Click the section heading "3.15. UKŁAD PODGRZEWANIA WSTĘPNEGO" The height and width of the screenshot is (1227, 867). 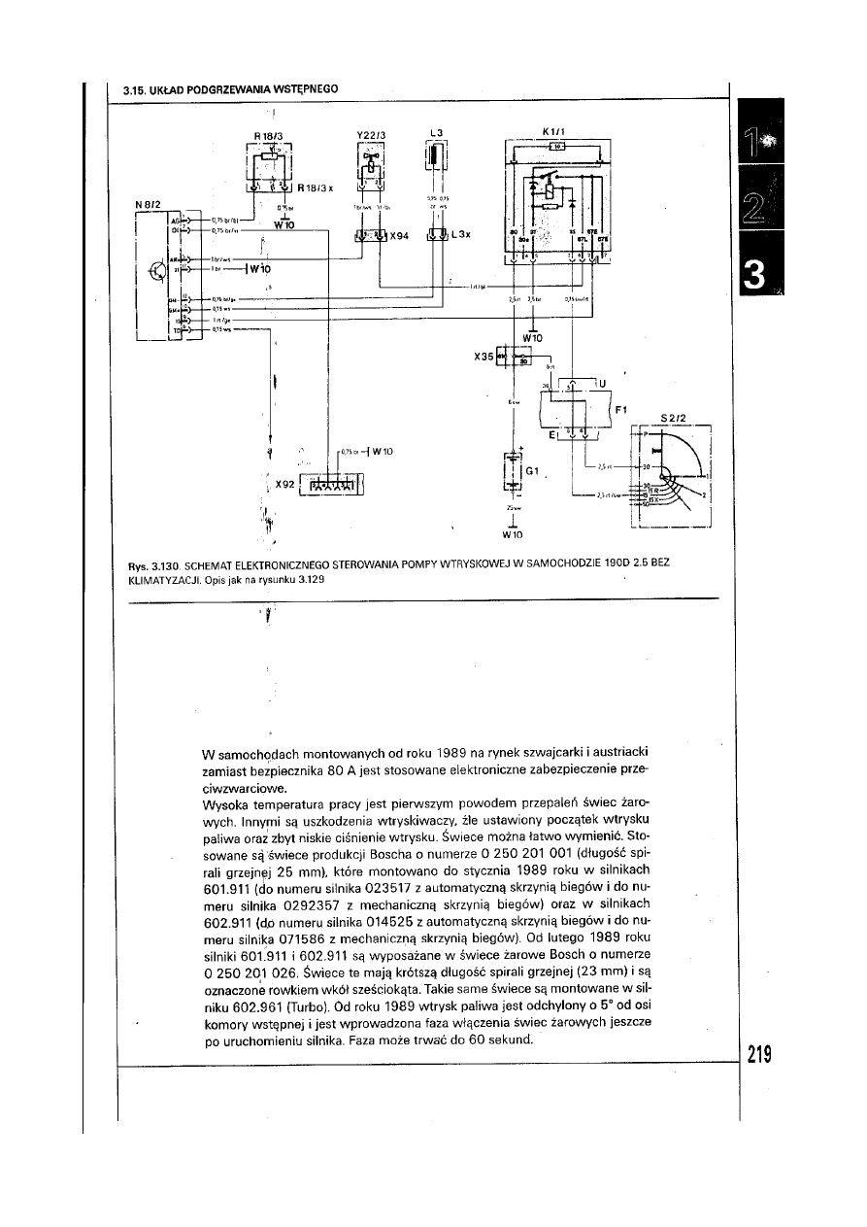point(230,89)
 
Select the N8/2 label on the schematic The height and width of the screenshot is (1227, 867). point(148,204)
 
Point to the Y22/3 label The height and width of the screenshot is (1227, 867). point(371,135)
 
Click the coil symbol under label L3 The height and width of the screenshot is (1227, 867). point(436,158)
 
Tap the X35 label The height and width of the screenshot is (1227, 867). point(484,357)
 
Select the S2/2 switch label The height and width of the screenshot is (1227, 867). point(674,419)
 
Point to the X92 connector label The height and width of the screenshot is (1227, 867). point(285,483)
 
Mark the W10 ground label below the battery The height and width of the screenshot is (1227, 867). point(513,533)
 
